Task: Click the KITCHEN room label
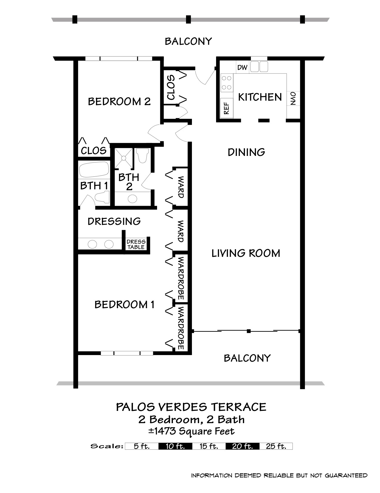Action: coord(260,97)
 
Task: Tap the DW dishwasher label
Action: coord(242,67)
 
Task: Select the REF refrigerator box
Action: coord(227,108)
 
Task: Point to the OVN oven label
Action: coord(293,98)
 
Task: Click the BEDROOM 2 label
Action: coord(119,102)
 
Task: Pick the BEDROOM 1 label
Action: coord(124,305)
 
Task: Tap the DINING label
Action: coord(246,152)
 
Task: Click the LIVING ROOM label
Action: coord(246,253)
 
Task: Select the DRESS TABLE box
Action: coord(136,244)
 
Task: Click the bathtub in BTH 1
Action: coord(94,169)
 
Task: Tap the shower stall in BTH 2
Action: coord(124,158)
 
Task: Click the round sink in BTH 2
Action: coord(132,199)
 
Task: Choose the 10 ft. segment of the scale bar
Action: coord(175,446)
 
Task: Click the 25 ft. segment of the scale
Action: coord(276,446)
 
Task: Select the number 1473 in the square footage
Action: coord(165,431)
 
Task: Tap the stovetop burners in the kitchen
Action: coord(227,83)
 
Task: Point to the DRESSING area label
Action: coord(114,222)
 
